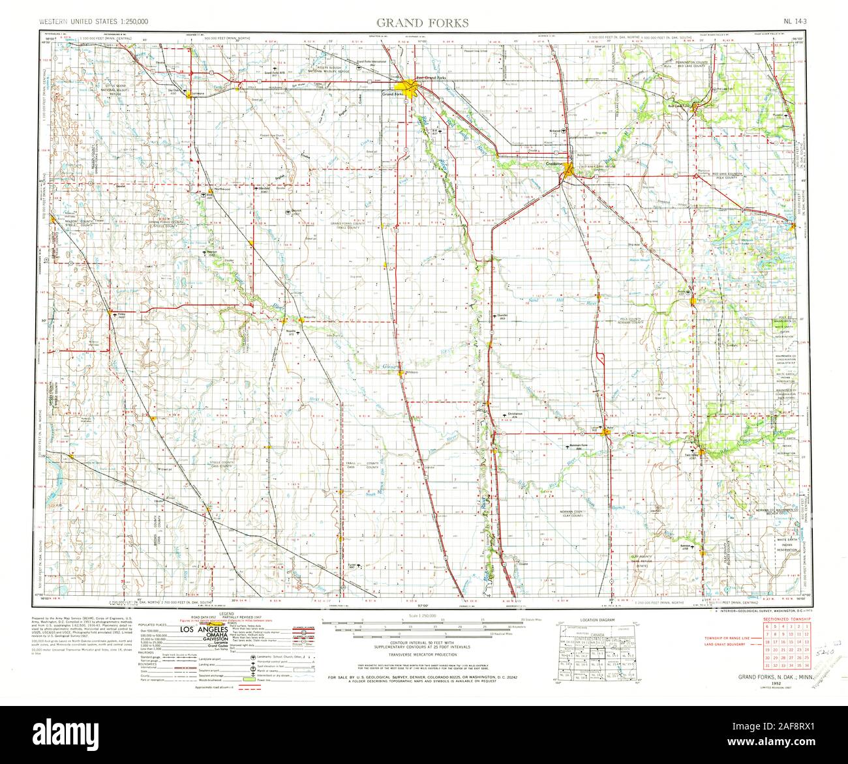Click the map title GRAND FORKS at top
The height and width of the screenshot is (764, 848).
(x=421, y=23)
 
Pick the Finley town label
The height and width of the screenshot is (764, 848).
(x=121, y=316)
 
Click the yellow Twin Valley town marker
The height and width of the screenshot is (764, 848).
(x=700, y=451)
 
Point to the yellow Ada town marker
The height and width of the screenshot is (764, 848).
(x=605, y=430)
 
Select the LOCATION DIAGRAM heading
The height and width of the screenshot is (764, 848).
(x=584, y=619)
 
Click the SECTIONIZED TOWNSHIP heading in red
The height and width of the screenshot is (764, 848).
(x=783, y=618)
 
